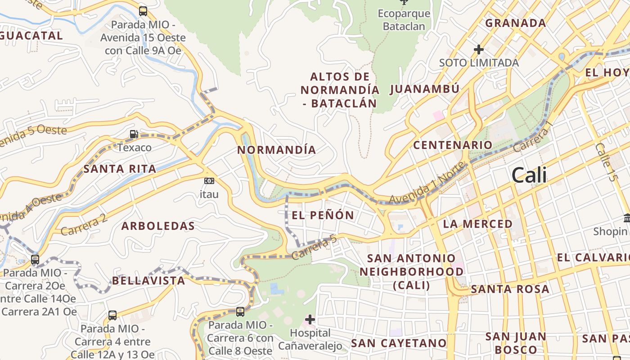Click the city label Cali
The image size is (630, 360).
(x=529, y=175)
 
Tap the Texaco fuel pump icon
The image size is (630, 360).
(x=134, y=134)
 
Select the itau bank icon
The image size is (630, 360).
(x=209, y=181)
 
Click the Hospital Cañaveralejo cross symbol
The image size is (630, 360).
(x=310, y=319)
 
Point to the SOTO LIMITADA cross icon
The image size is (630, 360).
(x=479, y=49)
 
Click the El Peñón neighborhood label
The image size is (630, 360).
(x=323, y=215)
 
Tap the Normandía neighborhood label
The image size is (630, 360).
(x=276, y=150)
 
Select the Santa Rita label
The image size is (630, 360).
(x=120, y=169)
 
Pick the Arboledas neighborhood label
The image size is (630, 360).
(x=158, y=226)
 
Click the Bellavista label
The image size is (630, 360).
(x=148, y=281)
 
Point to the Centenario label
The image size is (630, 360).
(x=453, y=145)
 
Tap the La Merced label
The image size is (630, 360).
(x=478, y=224)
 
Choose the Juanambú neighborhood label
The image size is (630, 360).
(x=424, y=89)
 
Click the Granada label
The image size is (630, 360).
(x=515, y=22)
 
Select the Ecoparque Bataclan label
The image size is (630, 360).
(x=404, y=20)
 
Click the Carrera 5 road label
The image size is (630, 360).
(x=314, y=249)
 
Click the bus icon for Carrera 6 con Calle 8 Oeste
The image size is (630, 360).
(x=240, y=311)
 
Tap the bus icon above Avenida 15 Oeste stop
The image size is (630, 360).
(x=143, y=11)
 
